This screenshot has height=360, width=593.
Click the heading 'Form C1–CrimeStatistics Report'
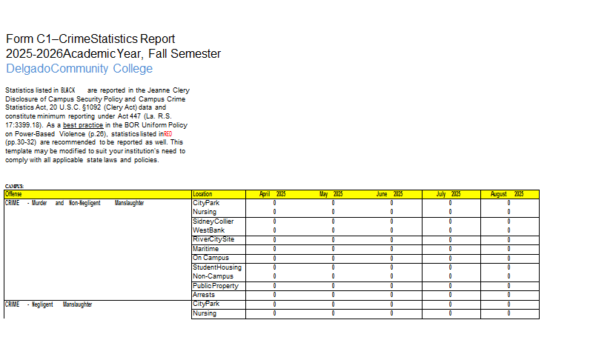pyautogui.click(x=90, y=39)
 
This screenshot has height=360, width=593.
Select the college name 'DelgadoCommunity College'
pyautogui.click(x=79, y=69)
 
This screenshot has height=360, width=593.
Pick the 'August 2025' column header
pyautogui.click(x=508, y=194)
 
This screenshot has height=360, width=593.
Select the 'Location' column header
pyautogui.click(x=202, y=194)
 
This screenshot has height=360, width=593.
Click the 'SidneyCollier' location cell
pyautogui.click(x=213, y=221)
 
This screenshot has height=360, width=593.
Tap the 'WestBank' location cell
pyautogui.click(x=208, y=230)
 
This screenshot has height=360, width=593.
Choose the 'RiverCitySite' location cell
pyautogui.click(x=213, y=240)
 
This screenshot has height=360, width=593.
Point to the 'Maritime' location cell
pyautogui.click(x=206, y=249)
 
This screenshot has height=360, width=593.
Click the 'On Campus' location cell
pyautogui.click(x=209, y=259)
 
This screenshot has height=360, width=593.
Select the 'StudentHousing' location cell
pyautogui.click(x=216, y=267)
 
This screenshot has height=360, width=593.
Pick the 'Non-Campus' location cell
pyautogui.click(x=212, y=276)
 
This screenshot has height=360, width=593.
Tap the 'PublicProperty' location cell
pyautogui.click(x=214, y=286)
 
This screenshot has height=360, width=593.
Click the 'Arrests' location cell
pyautogui.click(x=204, y=295)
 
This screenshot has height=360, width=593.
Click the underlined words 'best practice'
pyautogui.click(x=83, y=127)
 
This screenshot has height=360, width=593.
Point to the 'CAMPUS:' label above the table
pyautogui.click(x=14, y=186)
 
